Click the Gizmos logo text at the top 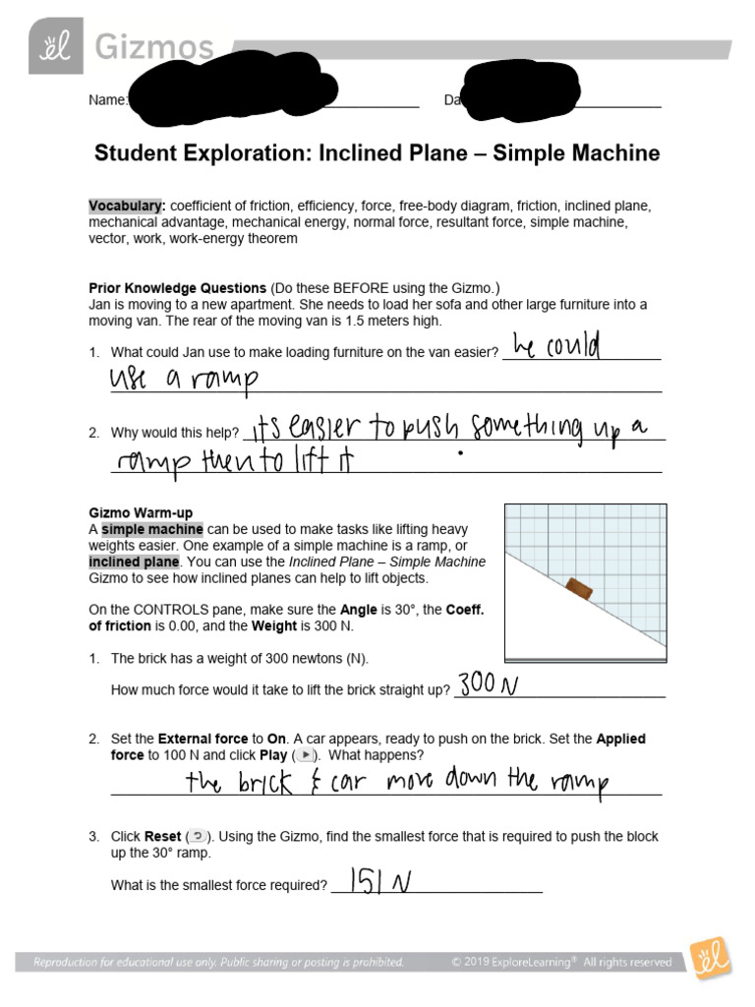153,46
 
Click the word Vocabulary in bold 125,206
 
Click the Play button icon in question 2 306,755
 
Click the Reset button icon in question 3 196,837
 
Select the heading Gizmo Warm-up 141,512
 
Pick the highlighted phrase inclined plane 134,562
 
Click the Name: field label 108,100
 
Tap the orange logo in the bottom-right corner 708,960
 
